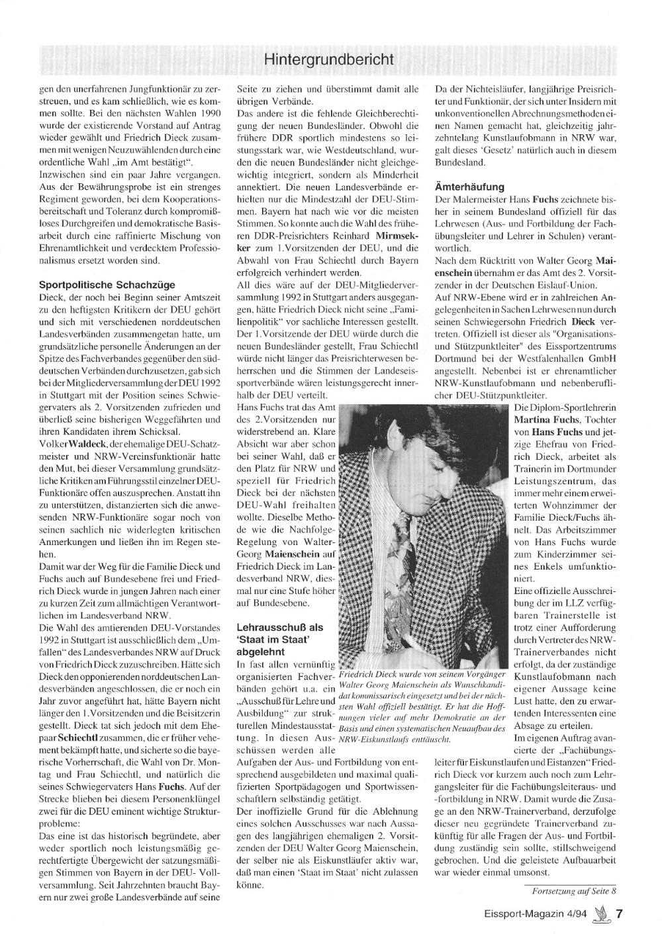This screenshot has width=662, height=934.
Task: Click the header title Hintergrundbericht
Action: [328, 60]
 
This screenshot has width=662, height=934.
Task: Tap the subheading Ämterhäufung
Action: [469, 187]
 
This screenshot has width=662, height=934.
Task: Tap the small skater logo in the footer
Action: [601, 913]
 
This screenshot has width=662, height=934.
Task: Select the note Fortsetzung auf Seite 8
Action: [570, 890]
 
